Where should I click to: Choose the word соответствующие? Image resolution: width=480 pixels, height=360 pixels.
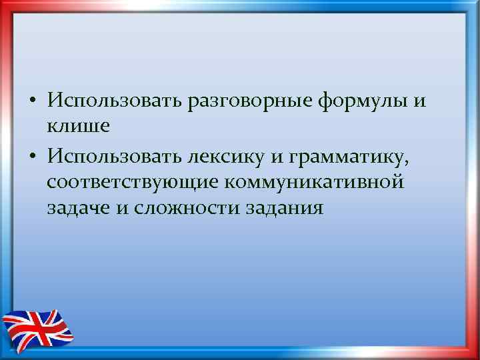(136, 182)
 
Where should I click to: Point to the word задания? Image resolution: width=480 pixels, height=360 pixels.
(283, 208)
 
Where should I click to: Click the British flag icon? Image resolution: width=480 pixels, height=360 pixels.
(37, 327)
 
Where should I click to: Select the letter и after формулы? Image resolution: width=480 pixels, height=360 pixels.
(419, 101)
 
